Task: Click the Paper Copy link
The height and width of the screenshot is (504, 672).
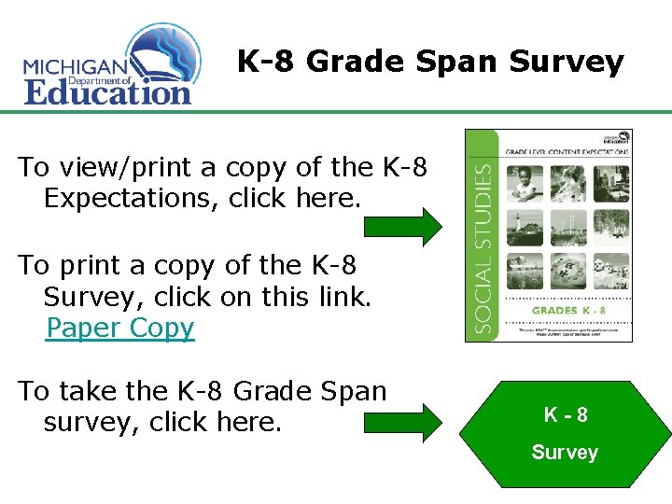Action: coord(119,329)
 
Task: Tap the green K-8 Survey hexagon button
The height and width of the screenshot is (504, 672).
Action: coord(566,434)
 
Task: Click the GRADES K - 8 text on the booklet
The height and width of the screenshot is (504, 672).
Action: coord(567,310)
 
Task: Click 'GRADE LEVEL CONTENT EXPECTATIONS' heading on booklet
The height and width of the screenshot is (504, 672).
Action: coord(567,151)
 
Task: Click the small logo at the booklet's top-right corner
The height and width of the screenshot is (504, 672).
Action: coord(618,136)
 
